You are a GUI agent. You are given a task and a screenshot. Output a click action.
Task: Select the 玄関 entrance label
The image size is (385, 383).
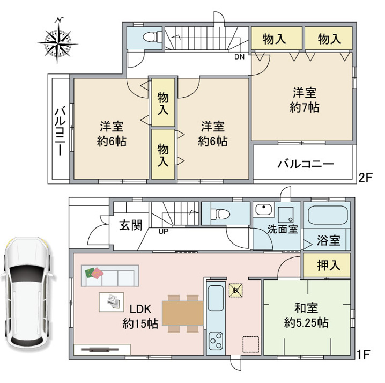(x=131, y=225)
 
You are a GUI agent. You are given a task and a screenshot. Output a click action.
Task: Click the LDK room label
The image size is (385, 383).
(x=140, y=316)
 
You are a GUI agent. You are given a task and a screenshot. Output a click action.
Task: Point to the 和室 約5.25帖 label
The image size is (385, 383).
(x=306, y=315)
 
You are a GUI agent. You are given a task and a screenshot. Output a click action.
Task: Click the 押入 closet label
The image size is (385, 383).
(x=329, y=265)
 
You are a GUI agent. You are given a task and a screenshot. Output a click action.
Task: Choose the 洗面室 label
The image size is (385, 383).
(x=283, y=229)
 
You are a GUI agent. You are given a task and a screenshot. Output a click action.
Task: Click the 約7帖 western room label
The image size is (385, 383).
(x=305, y=100)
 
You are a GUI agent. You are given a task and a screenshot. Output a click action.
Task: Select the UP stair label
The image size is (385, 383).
(x=164, y=231)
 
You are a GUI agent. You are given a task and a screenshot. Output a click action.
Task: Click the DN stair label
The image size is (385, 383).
(x=239, y=57)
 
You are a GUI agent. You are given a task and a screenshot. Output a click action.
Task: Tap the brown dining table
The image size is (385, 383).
(x=183, y=313)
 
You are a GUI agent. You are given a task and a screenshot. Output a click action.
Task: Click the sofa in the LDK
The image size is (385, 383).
(x=110, y=275)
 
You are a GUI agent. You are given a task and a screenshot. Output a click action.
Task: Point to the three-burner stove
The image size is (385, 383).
(x=216, y=340)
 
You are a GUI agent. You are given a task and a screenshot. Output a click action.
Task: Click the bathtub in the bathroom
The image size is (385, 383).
(x=327, y=215)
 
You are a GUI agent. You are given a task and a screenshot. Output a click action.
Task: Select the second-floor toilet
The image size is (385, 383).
(x=151, y=38)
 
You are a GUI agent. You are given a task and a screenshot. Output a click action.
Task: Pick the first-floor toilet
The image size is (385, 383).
(x=220, y=213)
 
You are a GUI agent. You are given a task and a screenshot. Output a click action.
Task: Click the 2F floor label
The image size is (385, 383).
(x=366, y=178)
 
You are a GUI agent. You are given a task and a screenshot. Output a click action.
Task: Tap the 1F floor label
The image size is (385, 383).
(x=363, y=354)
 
